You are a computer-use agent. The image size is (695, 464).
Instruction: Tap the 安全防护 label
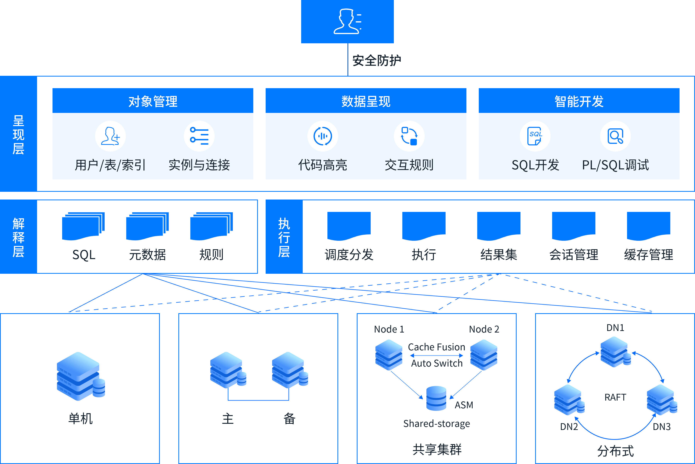pyautogui.click(x=377, y=61)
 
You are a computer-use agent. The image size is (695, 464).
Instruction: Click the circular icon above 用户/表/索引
pyautogui.click(x=110, y=136)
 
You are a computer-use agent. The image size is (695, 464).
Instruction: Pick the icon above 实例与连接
pyautogui.click(x=199, y=136)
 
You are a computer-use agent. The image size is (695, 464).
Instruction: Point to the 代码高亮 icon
pyautogui.click(x=323, y=136)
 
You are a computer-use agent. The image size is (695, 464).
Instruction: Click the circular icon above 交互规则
pyautogui.click(x=409, y=136)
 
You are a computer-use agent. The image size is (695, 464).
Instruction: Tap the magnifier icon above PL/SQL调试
pyautogui.click(x=615, y=136)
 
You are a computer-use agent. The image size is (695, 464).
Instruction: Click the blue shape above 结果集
pyautogui.click(x=499, y=226)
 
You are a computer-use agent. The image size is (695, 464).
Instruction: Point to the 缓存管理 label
pyautogui.click(x=649, y=254)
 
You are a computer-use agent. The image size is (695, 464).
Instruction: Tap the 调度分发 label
pyautogui.click(x=349, y=254)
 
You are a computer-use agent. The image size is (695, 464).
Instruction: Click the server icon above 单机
pyautogui.click(x=81, y=376)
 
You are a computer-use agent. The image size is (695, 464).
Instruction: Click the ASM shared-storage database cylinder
pyautogui.click(x=436, y=398)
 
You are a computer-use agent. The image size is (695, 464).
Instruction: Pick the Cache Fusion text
pyautogui.click(x=436, y=347)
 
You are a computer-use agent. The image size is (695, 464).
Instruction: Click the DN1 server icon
pyautogui.click(x=615, y=352)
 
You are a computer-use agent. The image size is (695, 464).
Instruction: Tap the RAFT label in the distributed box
pyautogui.click(x=615, y=397)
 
